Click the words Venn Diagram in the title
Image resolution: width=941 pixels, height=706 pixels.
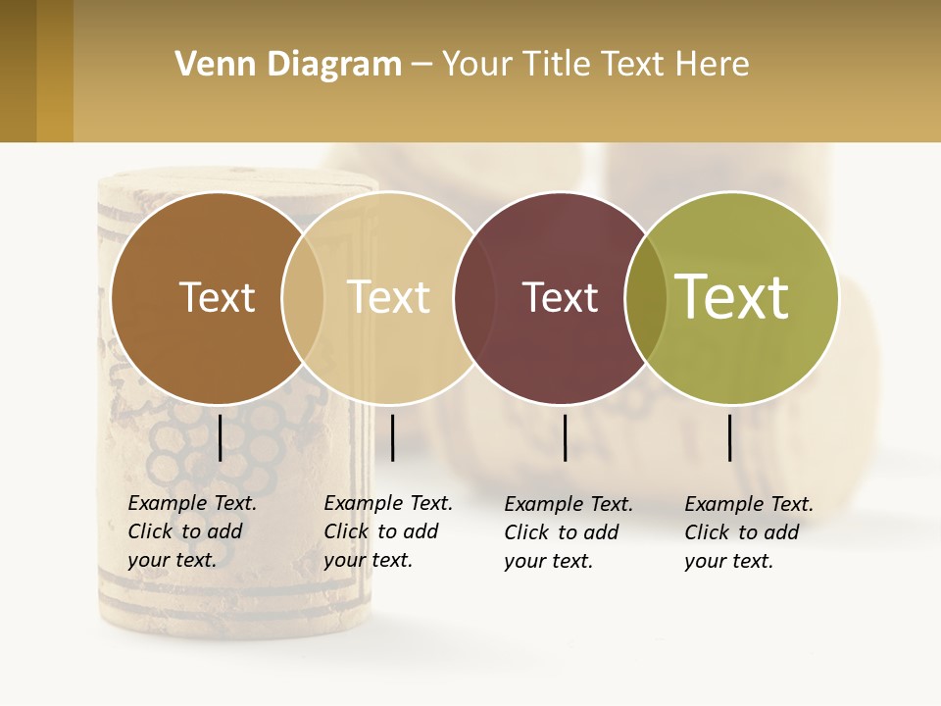coord(288,65)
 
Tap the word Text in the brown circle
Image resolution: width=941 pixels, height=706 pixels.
coord(217,297)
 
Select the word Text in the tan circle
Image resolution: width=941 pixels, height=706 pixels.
coord(388,297)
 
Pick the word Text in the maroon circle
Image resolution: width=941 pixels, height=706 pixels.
coord(560,297)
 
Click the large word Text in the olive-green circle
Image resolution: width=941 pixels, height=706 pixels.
coord(732,296)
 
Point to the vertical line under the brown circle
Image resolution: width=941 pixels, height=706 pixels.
coord(220,437)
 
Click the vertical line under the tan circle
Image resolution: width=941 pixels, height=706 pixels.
coord(392,437)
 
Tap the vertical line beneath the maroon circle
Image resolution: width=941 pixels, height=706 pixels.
coord(565,437)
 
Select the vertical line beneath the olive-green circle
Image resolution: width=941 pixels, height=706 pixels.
coord(729,437)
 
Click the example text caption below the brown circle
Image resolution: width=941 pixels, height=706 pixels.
coord(192,531)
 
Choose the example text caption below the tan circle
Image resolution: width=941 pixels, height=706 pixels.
coord(388,531)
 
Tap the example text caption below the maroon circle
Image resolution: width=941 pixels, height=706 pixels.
coord(569,532)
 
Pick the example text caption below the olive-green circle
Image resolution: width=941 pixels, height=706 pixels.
coord(749,532)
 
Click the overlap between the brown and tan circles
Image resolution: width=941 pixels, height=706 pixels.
coord(303,297)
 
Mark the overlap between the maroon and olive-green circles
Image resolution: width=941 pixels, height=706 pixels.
coord(646,297)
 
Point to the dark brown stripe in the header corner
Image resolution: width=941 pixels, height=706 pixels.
coord(18,71)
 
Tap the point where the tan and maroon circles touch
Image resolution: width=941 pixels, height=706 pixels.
coord(466,297)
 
